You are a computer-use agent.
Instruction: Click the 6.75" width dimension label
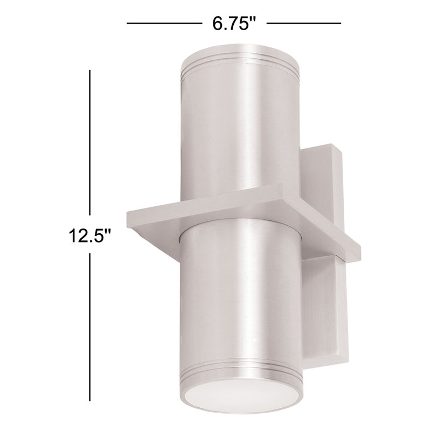[232, 24]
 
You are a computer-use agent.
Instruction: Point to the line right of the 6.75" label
[304, 23]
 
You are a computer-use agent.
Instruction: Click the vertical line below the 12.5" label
[89, 323]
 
